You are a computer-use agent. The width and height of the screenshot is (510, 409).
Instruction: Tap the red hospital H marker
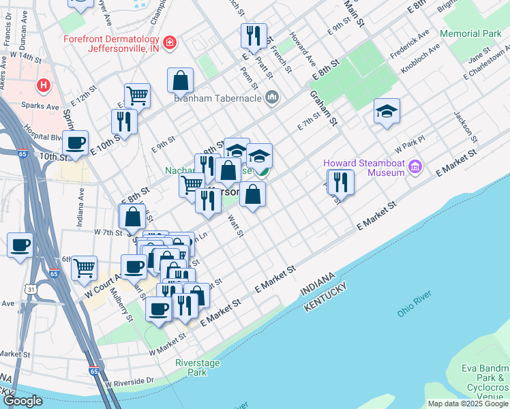[x=44, y=85]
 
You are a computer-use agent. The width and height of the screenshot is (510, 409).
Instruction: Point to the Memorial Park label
[x=470, y=33]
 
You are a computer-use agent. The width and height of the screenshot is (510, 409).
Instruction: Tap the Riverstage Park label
[x=198, y=367]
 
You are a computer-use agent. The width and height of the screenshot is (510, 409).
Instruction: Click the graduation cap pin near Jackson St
[x=387, y=112]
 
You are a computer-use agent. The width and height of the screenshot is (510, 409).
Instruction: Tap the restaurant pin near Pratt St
[x=254, y=36]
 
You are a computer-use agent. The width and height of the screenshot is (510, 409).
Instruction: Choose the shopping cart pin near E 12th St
[x=137, y=95]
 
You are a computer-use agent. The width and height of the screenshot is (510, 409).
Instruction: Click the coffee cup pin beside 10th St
[x=75, y=143]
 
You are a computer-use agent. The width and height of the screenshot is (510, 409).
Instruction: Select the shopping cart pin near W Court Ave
[x=84, y=268]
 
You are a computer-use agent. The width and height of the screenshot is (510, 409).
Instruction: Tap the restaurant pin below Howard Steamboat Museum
[x=340, y=182]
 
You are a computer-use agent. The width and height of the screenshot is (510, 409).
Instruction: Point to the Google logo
[x=22, y=400]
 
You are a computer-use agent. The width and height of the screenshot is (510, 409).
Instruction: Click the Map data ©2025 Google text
[x=468, y=404]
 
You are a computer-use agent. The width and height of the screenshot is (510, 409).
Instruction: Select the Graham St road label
[x=324, y=108]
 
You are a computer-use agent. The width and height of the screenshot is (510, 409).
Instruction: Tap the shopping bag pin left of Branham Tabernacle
[x=179, y=80]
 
